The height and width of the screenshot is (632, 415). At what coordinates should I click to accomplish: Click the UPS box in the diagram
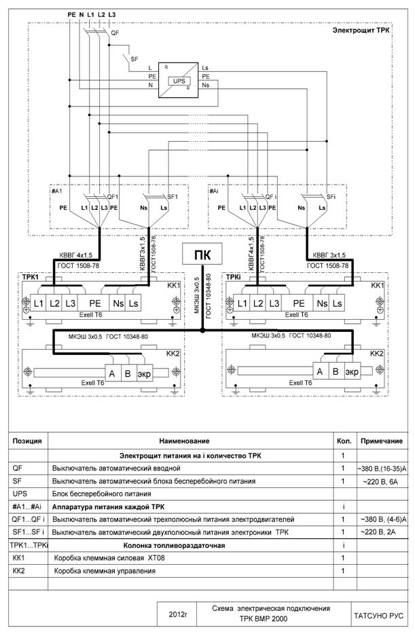pyautogui.click(x=179, y=81)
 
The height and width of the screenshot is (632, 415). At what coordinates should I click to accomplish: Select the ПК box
pyautogui.click(x=202, y=253)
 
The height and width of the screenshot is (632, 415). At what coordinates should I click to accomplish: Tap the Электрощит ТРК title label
pyautogui.click(x=361, y=31)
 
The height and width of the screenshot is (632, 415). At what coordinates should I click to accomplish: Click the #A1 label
pyautogui.click(x=57, y=190)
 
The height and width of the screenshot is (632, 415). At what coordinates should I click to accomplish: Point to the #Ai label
pyautogui.click(x=214, y=190)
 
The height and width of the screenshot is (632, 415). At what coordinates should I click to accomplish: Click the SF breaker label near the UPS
pyautogui.click(x=134, y=59)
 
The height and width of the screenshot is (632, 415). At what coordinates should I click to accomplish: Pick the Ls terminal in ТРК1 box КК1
pyautogui.click(x=133, y=303)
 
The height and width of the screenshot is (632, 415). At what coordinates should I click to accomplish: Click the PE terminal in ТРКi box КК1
pyautogui.click(x=298, y=303)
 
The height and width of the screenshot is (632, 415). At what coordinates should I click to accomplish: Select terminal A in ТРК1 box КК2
pyautogui.click(x=112, y=373)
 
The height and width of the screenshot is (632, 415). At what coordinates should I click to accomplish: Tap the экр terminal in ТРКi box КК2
pyautogui.click(x=352, y=371)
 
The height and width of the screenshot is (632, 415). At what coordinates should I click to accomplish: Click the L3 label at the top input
pyautogui.click(x=111, y=14)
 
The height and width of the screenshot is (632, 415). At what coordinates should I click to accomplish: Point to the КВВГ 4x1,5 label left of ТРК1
pyautogui.click(x=76, y=255)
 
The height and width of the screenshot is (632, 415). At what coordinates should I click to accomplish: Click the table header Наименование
pyautogui.click(x=184, y=441)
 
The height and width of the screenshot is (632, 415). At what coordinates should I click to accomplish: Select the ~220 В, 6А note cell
pyautogui.click(x=381, y=481)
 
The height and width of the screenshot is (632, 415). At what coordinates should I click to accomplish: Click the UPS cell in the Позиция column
pyautogui.click(x=20, y=494)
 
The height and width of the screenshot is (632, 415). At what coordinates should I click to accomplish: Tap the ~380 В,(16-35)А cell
pyautogui.click(x=382, y=468)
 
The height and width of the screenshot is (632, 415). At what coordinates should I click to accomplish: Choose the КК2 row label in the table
pyautogui.click(x=18, y=571)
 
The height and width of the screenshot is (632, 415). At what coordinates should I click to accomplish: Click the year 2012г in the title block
pyautogui.click(x=178, y=615)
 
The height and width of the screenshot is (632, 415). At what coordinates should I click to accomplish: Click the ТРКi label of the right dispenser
pyautogui.click(x=234, y=277)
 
